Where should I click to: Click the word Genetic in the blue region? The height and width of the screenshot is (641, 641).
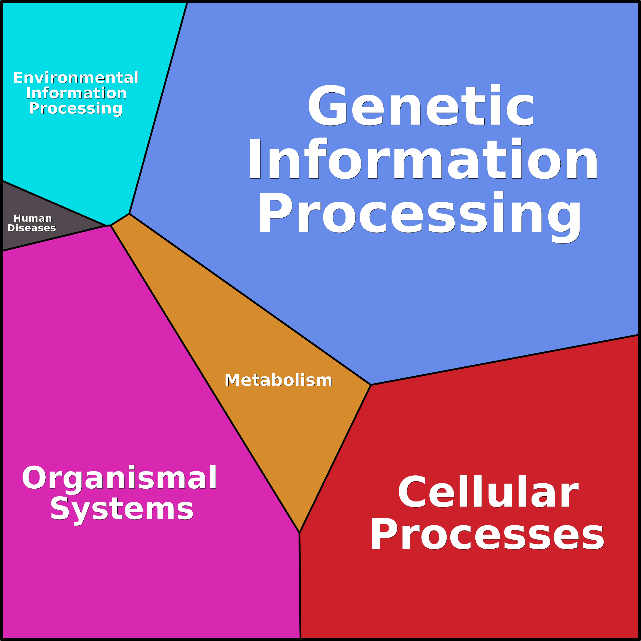[421, 106]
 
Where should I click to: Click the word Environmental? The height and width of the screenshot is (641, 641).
[76, 78]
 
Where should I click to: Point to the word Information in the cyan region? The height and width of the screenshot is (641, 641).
[76, 93]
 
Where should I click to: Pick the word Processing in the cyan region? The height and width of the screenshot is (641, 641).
[76, 108]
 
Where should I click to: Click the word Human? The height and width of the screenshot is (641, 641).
[32, 218]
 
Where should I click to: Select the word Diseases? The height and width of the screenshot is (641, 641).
[32, 228]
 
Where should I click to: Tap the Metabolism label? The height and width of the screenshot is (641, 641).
[278, 380]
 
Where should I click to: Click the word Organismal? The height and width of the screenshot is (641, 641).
[119, 478]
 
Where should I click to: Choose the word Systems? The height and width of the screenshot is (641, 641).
[121, 509]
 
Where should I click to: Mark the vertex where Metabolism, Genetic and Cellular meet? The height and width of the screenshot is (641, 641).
[371, 385]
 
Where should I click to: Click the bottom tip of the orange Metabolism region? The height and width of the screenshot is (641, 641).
[299, 532]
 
